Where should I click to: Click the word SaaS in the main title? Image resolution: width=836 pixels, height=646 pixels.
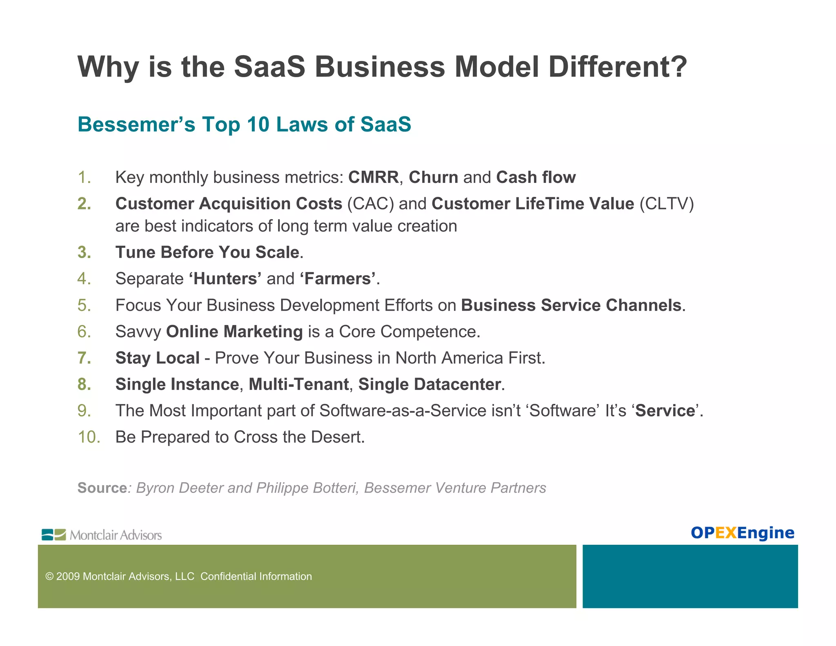click(x=269, y=67)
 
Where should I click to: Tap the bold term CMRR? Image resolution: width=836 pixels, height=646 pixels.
click(x=373, y=178)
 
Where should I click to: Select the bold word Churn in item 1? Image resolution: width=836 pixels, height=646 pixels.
click(x=434, y=178)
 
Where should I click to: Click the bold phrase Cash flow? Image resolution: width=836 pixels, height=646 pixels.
click(x=536, y=178)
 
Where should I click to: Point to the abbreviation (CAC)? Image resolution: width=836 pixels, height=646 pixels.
click(x=370, y=204)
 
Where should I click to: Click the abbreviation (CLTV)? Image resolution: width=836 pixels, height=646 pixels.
click(x=666, y=204)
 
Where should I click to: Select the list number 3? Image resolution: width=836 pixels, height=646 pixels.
click(x=84, y=252)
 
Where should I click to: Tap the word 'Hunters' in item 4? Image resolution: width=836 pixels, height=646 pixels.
click(x=225, y=279)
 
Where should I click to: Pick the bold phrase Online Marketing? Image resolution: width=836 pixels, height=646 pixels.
click(x=234, y=332)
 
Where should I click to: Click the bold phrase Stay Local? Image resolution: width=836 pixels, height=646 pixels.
click(x=157, y=358)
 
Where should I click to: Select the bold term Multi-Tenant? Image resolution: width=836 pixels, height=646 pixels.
click(x=298, y=385)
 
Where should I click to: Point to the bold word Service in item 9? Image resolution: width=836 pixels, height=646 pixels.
click(x=665, y=411)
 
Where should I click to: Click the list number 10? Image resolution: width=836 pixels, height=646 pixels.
click(x=89, y=437)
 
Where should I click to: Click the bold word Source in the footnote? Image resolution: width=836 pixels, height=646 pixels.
click(x=102, y=488)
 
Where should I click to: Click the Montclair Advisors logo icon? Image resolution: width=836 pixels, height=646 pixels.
click(x=53, y=535)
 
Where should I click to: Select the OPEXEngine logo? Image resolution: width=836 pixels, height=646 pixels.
click(x=742, y=533)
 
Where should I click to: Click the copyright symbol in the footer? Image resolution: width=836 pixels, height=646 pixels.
click(x=49, y=577)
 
